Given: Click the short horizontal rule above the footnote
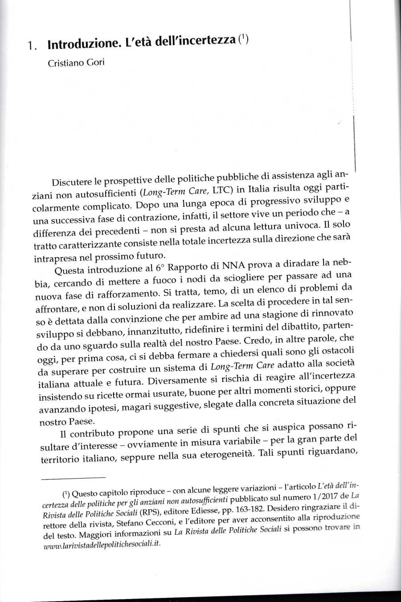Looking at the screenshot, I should [74, 477].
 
